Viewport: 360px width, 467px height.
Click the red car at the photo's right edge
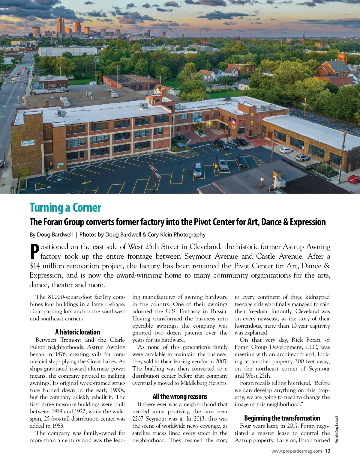pyautogui.click(x=354, y=179)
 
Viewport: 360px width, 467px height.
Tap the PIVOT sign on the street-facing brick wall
pyautogui.click(x=28, y=143)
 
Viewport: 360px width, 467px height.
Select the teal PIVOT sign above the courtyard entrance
pyautogui.click(x=197, y=120)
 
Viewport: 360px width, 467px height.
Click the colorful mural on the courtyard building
pyautogui.click(x=233, y=123)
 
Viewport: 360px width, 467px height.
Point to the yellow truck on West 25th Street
pyautogui.click(x=13, y=80)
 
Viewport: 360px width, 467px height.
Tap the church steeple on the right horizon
pyautogui.click(x=304, y=38)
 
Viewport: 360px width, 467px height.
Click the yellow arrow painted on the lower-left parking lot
pyautogui.click(x=86, y=182)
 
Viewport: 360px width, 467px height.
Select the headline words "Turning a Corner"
pyautogui.click(x=65, y=207)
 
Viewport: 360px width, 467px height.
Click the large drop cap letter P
pyautogui.click(x=35, y=251)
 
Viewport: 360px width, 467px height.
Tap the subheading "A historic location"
pyautogui.click(x=77, y=332)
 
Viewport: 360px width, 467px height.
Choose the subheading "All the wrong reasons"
pyautogui.click(x=180, y=397)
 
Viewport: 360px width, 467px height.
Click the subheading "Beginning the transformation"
pyautogui.click(x=282, y=418)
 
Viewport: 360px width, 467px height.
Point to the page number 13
pyautogui.click(x=327, y=451)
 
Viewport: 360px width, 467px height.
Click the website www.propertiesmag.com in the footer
pyautogui.click(x=296, y=451)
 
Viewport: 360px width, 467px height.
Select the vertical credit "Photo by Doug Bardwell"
pyautogui.click(x=337, y=429)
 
